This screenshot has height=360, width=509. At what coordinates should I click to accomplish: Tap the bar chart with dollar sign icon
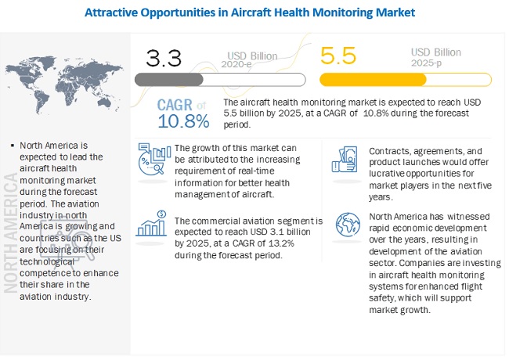[153, 223]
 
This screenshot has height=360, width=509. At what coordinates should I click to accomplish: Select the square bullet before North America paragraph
[9, 146]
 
